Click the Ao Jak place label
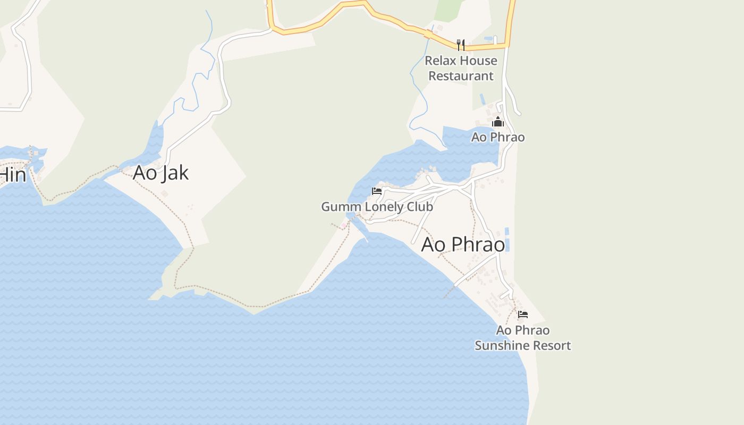tap(160, 173)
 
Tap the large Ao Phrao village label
tap(463, 244)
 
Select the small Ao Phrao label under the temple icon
tap(498, 137)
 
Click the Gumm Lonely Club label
tap(377, 207)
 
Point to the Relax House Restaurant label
tap(461, 68)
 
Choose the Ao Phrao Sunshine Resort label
tap(523, 338)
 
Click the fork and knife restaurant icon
tap(461, 45)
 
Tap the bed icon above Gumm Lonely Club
tap(377, 191)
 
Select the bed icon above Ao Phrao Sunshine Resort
tap(523, 314)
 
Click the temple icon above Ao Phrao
tap(497, 122)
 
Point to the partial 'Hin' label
tap(13, 174)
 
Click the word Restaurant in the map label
tap(461, 76)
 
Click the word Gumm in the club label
tap(339, 207)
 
